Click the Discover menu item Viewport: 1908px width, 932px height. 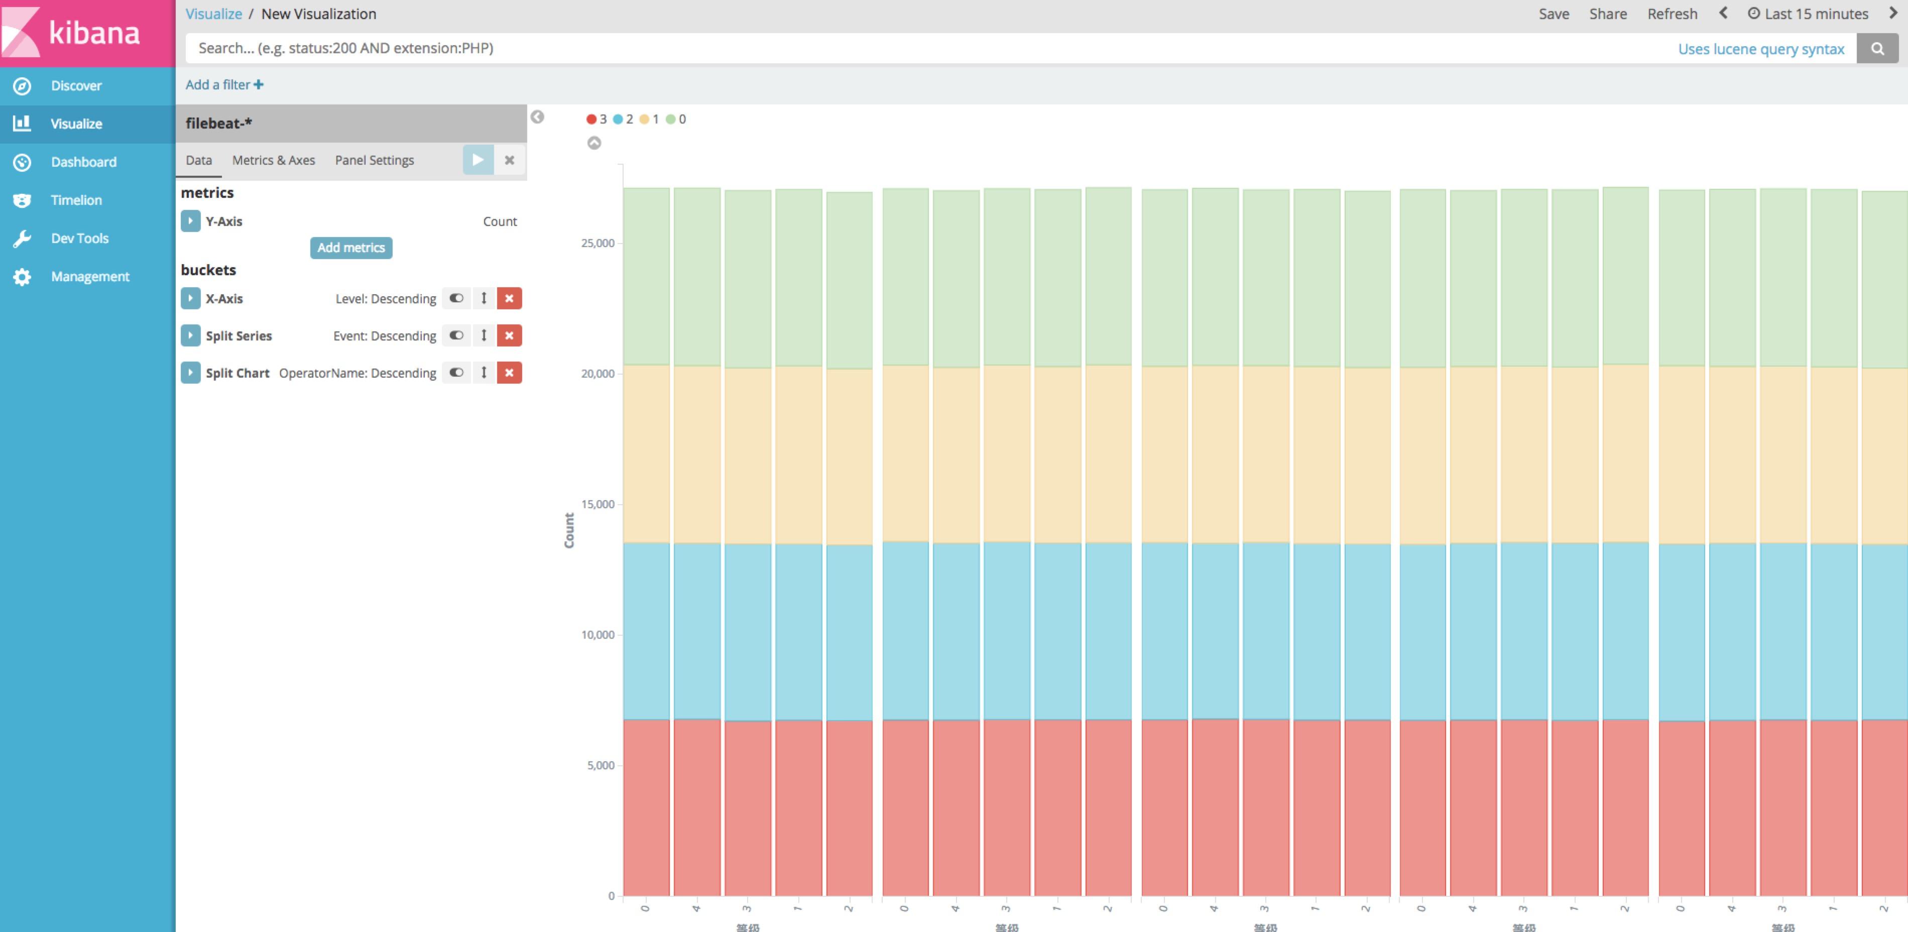pos(75,86)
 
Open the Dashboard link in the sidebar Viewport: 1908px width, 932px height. pos(83,162)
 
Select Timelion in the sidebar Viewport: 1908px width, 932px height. pos(75,200)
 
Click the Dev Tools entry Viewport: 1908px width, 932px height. pos(79,239)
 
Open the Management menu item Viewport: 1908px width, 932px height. pos(89,276)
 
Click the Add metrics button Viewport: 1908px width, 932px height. pos(350,248)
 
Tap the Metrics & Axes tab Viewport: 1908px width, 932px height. pos(273,160)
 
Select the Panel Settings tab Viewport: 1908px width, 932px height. pos(374,160)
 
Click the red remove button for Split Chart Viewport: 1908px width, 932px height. pos(509,373)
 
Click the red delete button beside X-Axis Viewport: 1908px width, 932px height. pos(509,299)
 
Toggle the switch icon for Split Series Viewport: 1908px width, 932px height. pos(456,335)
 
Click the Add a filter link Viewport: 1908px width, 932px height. pos(223,84)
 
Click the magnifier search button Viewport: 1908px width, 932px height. pos(1877,49)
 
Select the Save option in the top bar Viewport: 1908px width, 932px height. pos(1553,14)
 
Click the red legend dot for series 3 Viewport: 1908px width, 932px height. pos(591,120)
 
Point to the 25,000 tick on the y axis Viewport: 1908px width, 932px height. pos(598,243)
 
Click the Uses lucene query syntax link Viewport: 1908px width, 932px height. pos(1760,49)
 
